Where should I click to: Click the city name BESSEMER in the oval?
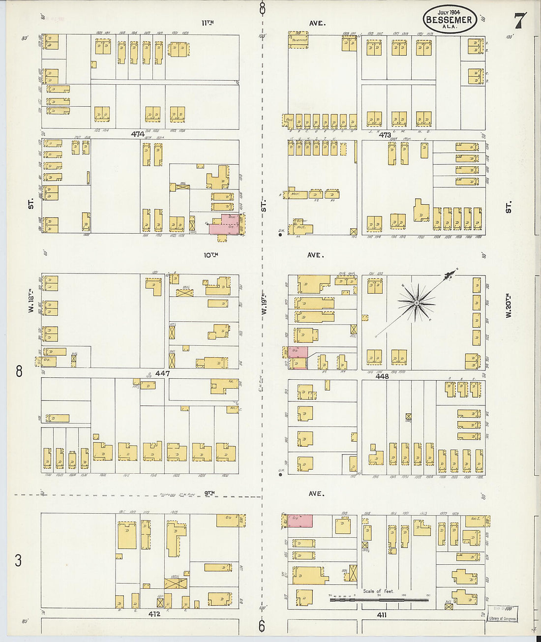coord(449,20)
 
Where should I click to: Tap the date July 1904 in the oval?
coord(450,12)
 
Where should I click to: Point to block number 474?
coord(138,134)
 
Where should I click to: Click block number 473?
coord(385,135)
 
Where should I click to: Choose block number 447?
coord(162,373)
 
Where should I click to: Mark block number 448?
coord(382,376)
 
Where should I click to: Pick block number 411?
coord(382,614)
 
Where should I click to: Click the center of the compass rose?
coord(417,303)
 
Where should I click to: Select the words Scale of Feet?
coord(378,591)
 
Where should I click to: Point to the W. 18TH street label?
coord(31,301)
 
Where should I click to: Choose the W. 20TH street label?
coord(509,305)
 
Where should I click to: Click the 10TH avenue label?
coord(210,255)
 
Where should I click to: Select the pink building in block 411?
coord(300,521)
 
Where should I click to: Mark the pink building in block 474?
coord(224,224)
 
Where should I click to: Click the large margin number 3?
coord(18,560)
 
